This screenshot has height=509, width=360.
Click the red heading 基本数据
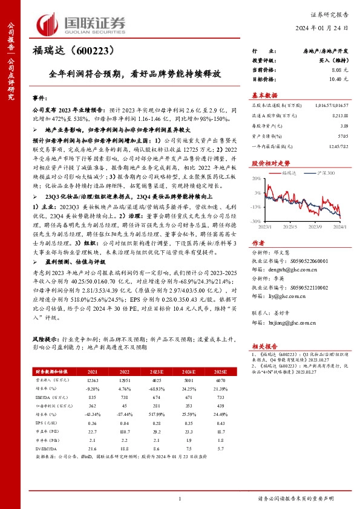pos(264,96)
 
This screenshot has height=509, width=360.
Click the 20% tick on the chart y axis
pos(256,178)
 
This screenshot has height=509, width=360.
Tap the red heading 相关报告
pos(264,346)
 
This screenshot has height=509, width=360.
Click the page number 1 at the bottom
pos(180,498)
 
